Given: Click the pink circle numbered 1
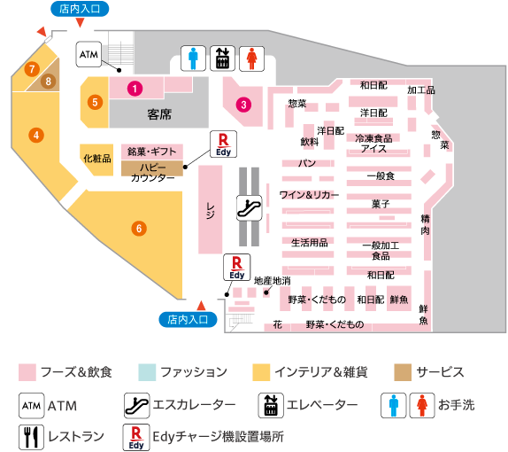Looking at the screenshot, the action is (x=135, y=89).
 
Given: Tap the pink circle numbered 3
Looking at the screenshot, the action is (x=243, y=105).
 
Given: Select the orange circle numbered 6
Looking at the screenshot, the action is (x=139, y=229).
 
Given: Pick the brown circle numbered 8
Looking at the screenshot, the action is (x=49, y=82).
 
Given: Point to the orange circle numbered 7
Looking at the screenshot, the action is (x=32, y=69).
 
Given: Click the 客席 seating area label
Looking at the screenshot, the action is (x=159, y=114).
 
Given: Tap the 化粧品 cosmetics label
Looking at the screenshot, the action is (x=97, y=159).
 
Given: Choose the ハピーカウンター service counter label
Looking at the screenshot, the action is (x=152, y=172).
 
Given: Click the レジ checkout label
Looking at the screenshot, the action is (x=211, y=211).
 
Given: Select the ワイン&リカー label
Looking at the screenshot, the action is (x=309, y=195).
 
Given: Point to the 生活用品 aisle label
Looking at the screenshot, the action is (x=310, y=242).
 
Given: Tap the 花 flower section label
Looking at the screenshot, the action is (x=277, y=324).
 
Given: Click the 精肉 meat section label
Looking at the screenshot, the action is (x=426, y=224).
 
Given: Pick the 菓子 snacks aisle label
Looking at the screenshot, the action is (x=381, y=204).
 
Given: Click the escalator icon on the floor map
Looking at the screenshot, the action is (x=250, y=208).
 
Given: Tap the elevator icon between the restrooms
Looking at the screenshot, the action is (x=222, y=58).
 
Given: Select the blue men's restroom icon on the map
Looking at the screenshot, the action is (x=193, y=58).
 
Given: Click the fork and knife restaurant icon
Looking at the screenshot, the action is (x=31, y=438).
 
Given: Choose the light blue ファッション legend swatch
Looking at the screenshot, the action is (x=147, y=372).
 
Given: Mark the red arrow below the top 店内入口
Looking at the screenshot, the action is (x=80, y=22).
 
